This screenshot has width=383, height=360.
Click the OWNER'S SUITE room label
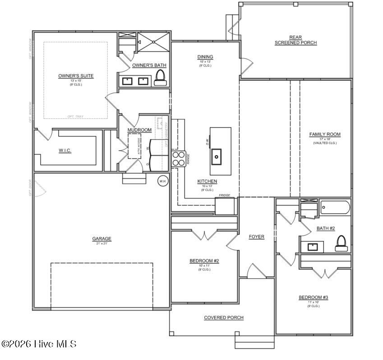[x=76, y=76]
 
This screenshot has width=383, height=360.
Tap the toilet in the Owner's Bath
[x=159, y=80]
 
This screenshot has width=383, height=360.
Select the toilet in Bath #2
[x=341, y=243]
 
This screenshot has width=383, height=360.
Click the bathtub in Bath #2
[x=335, y=208]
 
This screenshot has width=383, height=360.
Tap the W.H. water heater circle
[x=162, y=181]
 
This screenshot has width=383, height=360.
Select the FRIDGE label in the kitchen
[x=225, y=195]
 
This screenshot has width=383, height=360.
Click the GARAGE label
[x=102, y=239]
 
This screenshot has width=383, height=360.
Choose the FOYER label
[x=257, y=237]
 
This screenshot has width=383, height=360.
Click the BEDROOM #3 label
[x=313, y=297]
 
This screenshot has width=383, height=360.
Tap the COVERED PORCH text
[x=224, y=318]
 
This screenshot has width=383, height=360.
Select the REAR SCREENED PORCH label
[x=295, y=40]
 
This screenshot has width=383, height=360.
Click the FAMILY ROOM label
[x=325, y=134]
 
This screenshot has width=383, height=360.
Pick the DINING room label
[x=205, y=57]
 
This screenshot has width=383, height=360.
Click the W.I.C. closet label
[x=65, y=150]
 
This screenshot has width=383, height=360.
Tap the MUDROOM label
[x=139, y=130]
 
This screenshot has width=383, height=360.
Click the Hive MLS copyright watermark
[x=39, y=344]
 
